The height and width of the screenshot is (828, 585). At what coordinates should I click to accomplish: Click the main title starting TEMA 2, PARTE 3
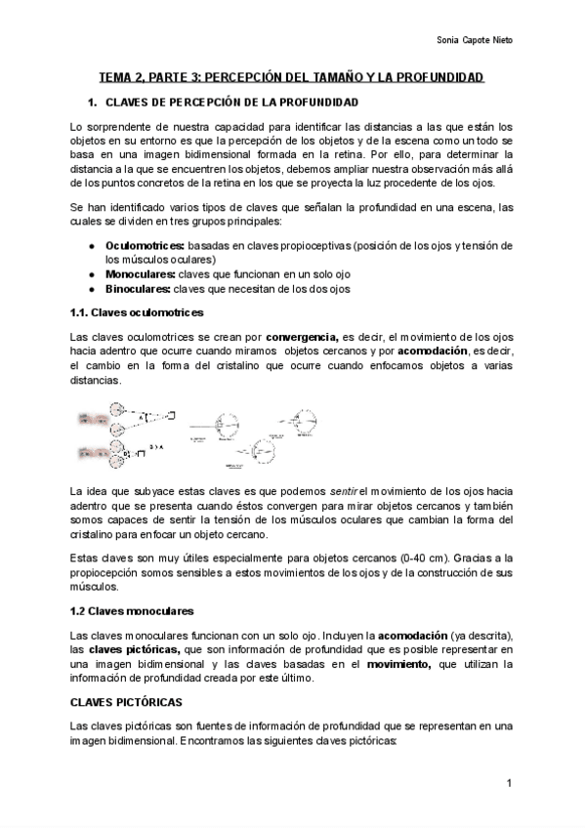click(292, 77)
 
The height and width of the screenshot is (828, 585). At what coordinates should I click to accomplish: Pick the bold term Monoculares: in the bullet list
click(140, 274)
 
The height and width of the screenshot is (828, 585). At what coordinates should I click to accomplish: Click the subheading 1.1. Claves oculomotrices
click(137, 312)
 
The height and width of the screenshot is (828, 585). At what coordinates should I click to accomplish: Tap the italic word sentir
click(343, 488)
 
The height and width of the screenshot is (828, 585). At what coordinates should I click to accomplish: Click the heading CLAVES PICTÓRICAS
click(125, 702)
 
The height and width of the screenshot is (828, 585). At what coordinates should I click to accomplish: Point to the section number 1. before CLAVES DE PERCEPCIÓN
click(92, 103)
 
